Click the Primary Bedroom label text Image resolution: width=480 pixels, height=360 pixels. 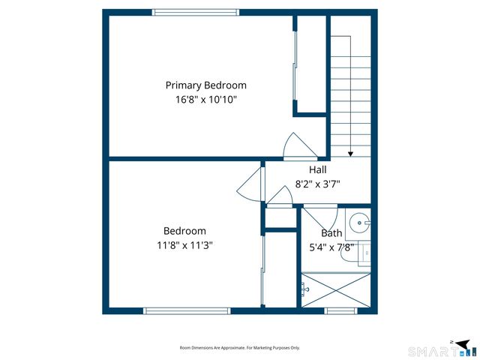click(205, 85)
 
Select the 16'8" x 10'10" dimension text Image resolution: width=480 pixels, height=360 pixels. click(205, 99)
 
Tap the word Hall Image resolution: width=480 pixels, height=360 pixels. click(318, 170)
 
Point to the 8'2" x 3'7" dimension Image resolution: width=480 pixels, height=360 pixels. click(318, 184)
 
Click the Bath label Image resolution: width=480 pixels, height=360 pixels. click(331, 232)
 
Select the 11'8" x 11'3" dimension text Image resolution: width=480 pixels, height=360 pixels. click(184, 244)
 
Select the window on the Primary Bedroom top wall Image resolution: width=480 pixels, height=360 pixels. click(196, 11)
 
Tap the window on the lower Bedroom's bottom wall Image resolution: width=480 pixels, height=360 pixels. click(187, 310)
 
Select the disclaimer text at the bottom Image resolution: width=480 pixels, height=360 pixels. click(239, 348)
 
